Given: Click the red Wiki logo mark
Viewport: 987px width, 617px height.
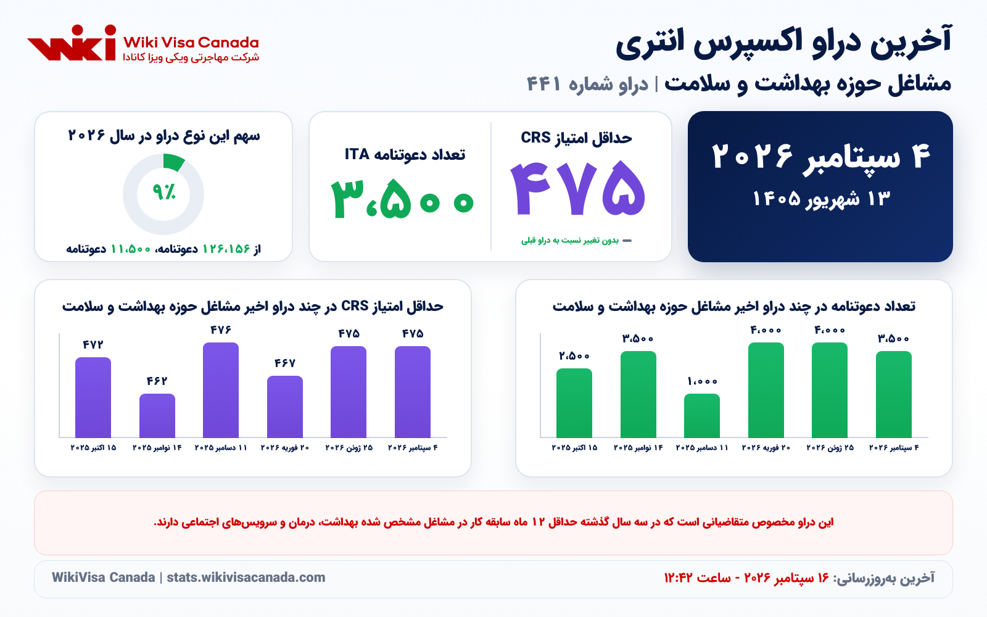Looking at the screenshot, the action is [x=72, y=43].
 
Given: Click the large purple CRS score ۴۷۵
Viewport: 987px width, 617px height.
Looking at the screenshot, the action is [x=577, y=189].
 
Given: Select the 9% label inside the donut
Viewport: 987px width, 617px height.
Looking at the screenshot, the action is [x=164, y=192].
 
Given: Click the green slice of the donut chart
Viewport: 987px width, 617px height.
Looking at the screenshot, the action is [x=173, y=162].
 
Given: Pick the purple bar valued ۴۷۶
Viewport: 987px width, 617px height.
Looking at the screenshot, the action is [x=221, y=390].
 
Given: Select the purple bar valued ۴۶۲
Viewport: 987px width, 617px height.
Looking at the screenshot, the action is [x=157, y=416].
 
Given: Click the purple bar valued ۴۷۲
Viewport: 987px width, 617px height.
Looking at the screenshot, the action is [x=93, y=397].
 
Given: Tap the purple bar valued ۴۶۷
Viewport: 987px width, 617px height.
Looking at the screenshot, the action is [x=284, y=407].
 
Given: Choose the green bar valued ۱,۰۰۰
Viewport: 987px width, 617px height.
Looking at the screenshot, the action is [x=702, y=416].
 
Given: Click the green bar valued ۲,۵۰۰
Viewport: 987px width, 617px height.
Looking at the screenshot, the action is [x=574, y=403].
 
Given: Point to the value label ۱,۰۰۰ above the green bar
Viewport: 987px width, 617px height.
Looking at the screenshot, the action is [x=703, y=381].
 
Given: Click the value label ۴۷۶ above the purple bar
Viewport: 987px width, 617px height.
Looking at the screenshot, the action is [x=221, y=329].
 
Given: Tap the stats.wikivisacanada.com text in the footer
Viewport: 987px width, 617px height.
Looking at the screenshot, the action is [x=246, y=578].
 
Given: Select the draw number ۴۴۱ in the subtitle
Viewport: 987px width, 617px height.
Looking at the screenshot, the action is [x=543, y=84].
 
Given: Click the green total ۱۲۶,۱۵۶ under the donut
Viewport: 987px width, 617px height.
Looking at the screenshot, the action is [x=226, y=249].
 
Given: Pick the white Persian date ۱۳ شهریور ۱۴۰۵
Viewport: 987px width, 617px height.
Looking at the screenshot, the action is [x=821, y=199].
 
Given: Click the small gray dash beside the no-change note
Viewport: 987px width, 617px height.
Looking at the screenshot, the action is [x=627, y=241].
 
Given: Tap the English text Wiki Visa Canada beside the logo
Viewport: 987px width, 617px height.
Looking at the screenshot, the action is [x=191, y=43].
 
